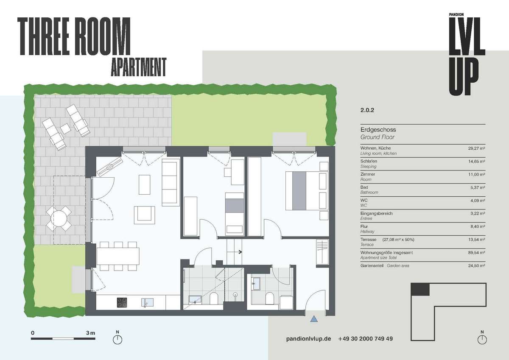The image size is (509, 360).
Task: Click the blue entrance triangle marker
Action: coord(314,319)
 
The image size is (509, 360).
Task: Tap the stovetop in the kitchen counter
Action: coord(122,302)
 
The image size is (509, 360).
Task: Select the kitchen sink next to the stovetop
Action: coord(147,302)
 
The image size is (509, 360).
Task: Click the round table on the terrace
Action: coord(59,218)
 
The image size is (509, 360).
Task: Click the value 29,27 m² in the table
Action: coord(476,148)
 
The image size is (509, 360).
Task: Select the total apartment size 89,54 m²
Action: coord(476,253)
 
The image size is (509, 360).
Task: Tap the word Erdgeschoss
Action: coord(378,130)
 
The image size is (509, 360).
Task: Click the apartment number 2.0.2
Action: coord(367,110)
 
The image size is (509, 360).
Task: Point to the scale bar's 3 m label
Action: coord(90,333)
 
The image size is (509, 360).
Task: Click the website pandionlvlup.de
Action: coord(308,339)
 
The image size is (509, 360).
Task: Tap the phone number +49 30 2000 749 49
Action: coord(365,339)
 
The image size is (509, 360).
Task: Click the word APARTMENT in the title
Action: coord(139,67)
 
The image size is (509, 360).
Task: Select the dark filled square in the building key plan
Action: coord(420,289)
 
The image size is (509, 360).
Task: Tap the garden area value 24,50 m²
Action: coord(476,265)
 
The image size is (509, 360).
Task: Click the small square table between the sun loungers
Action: coord(65,128)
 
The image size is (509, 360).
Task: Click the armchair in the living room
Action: coord(144,215)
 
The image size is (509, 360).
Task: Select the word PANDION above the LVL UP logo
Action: coord(456,14)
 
